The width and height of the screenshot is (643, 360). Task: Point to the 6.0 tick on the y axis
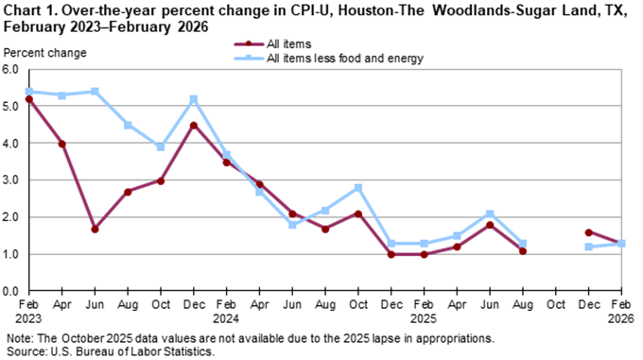click(x=11, y=70)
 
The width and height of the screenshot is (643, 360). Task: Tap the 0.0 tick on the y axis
click(x=11, y=291)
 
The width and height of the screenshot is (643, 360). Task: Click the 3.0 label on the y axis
click(x=11, y=180)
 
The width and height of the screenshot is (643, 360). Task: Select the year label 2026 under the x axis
click(x=622, y=318)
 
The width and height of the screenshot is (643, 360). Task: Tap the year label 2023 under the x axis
click(x=29, y=318)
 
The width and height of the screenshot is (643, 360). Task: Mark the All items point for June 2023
click(x=96, y=229)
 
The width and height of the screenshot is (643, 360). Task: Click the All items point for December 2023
click(x=194, y=125)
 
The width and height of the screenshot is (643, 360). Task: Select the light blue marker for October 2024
click(x=358, y=188)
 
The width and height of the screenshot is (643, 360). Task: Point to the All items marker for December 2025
click(x=589, y=232)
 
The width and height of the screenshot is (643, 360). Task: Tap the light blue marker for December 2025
click(x=589, y=247)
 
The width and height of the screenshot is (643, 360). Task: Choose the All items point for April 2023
click(x=62, y=144)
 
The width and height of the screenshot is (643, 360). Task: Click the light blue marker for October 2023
click(x=161, y=147)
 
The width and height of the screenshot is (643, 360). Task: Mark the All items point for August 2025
click(x=523, y=250)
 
